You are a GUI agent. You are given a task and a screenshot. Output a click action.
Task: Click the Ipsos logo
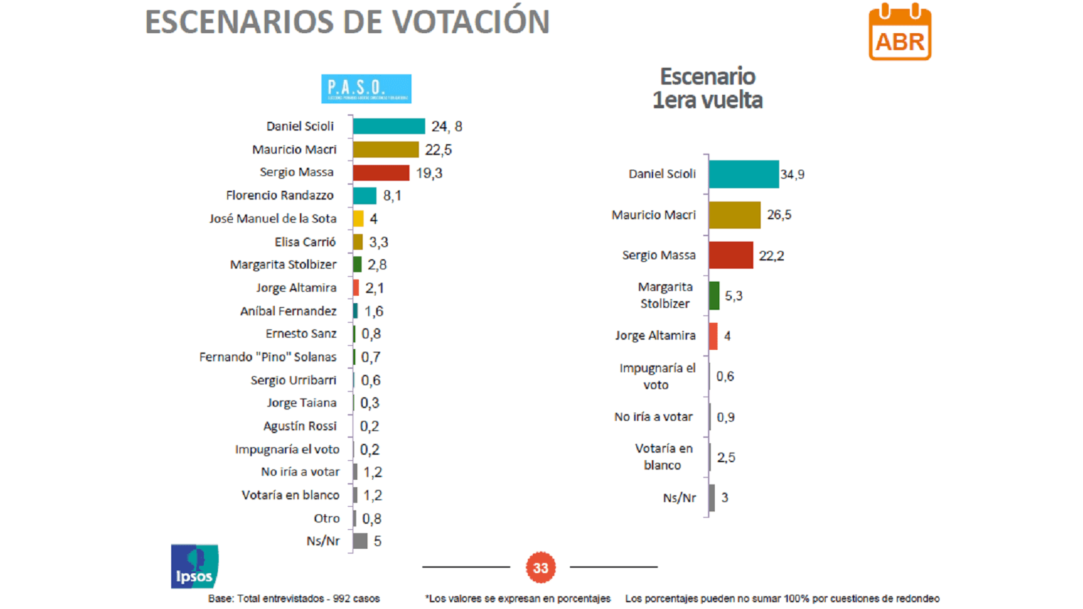coord(194,566)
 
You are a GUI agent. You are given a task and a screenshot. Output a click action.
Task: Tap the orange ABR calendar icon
coord(900,32)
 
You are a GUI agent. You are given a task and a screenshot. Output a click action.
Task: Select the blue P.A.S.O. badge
coord(366,89)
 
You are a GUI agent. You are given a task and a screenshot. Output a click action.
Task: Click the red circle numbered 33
coord(540,568)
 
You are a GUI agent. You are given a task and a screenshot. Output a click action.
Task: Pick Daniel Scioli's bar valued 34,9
coord(743,174)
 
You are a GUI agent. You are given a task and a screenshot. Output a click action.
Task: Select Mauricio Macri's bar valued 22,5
coord(385,150)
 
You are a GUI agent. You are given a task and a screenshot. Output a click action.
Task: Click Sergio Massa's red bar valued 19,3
coord(380,173)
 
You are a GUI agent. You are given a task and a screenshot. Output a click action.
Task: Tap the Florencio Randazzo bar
coord(364,196)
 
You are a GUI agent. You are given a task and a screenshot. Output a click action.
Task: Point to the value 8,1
coord(392,196)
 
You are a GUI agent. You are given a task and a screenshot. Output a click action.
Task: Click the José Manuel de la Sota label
coord(273,219)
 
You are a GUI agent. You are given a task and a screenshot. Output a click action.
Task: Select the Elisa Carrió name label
coord(305,242)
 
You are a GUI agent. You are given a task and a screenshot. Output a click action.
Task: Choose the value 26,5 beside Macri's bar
coord(779,215)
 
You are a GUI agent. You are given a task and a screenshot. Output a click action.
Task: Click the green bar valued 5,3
coord(714,296)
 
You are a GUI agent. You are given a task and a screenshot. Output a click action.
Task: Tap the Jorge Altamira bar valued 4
coord(713,336)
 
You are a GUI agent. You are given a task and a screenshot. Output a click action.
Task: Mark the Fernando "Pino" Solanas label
coord(267,357)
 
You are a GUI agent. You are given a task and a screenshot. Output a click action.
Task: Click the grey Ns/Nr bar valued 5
coord(360,541)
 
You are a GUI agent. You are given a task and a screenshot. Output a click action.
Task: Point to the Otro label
coord(327,518)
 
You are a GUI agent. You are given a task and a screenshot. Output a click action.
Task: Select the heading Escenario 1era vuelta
coord(707,88)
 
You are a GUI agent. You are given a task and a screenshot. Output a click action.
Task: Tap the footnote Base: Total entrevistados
coord(294,598)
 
